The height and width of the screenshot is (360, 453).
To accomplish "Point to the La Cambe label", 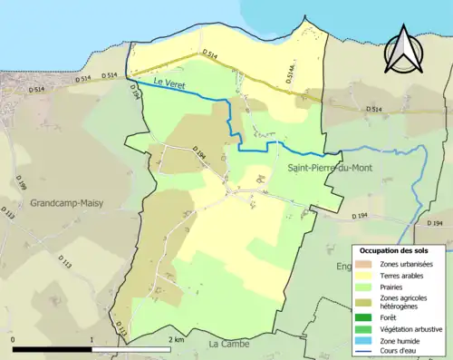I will click(x=228, y=345).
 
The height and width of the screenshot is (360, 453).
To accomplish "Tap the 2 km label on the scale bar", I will click(x=177, y=339).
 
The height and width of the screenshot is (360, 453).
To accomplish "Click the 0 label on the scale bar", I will click(x=13, y=339).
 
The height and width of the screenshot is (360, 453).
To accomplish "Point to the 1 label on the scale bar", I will click(x=92, y=339).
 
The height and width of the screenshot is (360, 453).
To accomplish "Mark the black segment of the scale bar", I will click(x=52, y=348).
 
